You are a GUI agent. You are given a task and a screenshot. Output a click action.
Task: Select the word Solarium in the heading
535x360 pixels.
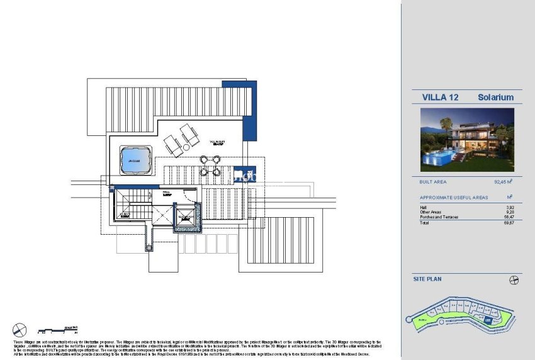tap(496, 98)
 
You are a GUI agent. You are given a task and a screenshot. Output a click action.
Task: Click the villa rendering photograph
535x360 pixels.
tap(467, 140)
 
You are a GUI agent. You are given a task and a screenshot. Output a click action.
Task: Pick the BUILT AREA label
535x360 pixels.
tap(433, 182)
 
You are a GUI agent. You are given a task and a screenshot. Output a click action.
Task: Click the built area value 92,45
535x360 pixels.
tap(502, 182)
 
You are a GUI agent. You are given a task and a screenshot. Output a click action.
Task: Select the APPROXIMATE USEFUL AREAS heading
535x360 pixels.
tap(454, 198)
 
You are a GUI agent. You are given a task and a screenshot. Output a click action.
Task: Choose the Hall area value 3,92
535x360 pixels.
tap(510, 207)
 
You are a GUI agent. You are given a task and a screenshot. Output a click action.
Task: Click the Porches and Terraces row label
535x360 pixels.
tap(439, 217)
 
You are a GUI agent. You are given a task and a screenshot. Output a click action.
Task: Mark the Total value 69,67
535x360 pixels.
tap(509, 223)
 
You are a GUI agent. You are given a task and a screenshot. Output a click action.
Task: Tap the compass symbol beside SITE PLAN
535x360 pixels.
tap(514, 280)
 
